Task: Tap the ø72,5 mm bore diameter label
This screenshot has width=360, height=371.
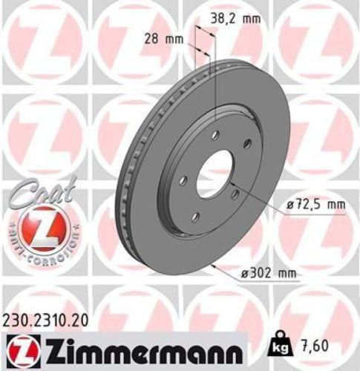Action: coord(315,202)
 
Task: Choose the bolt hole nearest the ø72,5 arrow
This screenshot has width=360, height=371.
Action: coord(235,194)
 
